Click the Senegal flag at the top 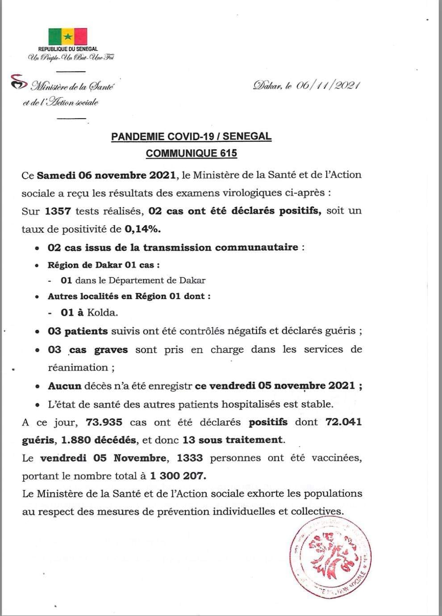[x=68, y=36]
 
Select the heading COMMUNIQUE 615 [x=191, y=153]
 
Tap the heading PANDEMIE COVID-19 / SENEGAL [x=191, y=136]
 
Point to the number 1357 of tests [x=58, y=211]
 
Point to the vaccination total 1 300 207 [x=178, y=476]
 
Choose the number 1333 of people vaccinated [x=190, y=458]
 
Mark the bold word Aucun [x=65, y=386]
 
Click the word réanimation [x=78, y=368]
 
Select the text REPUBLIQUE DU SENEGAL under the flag [x=68, y=49]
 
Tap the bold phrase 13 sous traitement [x=233, y=440]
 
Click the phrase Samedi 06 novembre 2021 [x=106, y=175]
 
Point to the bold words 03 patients [x=78, y=331]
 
